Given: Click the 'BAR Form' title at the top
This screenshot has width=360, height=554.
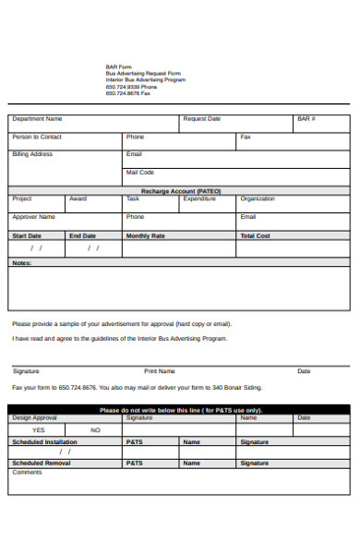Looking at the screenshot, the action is (117, 67).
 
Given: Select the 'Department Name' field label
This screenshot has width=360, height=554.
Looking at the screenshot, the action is (37, 119).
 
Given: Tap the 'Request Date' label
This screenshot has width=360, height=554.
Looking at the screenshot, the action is (201, 119).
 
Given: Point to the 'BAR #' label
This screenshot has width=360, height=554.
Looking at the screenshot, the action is (306, 119).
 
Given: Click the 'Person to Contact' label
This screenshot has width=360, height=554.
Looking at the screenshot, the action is (37, 137).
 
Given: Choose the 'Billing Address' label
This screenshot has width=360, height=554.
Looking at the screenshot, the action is (32, 154).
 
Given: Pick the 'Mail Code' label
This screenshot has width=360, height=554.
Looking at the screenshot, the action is (140, 172).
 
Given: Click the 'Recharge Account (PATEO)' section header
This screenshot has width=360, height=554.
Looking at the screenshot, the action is (180, 190).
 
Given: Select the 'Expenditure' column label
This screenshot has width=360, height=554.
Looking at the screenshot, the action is (199, 199).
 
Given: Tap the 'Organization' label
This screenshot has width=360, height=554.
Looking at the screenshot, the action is (258, 199).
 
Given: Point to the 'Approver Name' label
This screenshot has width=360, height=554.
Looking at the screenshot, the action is (34, 217).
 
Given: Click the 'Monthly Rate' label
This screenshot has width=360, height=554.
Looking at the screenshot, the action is (145, 235).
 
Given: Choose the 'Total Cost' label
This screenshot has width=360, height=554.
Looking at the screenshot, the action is (255, 235).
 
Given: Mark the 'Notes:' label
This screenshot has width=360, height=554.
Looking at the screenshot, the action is (21, 263).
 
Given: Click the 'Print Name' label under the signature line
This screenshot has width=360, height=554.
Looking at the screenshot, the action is (159, 371).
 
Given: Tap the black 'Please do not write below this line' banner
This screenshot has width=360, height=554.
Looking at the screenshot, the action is (180, 410).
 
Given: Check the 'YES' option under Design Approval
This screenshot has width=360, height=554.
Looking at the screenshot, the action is (38, 430).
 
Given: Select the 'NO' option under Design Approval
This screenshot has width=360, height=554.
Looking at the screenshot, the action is (95, 430).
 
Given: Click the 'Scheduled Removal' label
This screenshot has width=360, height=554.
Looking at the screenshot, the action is (41, 463).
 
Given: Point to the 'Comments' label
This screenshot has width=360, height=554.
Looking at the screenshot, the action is (27, 473).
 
